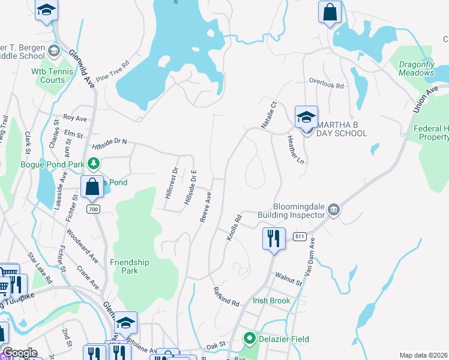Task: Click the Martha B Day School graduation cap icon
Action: click(306, 116)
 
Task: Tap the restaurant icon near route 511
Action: click(273, 238)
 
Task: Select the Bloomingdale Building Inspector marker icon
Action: click(334, 210)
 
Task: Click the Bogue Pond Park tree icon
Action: click(93, 163)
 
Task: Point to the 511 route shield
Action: click(300, 237)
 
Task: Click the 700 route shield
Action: click(92, 209)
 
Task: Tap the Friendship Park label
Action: click(129, 266)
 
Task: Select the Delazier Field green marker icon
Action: click(250, 339)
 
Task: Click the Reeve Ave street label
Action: click(206, 206)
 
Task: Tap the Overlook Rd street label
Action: click(326, 85)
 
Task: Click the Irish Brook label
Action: click(271, 301)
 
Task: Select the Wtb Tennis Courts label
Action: click(48, 75)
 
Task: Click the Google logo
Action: click(20, 353)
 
